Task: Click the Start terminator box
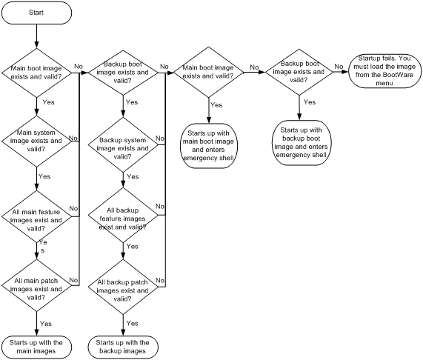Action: coord(36,13)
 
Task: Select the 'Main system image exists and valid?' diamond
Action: coord(36,141)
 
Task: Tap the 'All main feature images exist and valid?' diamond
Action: coord(36,216)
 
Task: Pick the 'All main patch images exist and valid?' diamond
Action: coord(36,285)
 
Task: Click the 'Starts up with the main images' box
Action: coord(36,347)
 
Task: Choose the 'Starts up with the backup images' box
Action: coord(123,347)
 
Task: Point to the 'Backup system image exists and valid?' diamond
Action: coord(123,144)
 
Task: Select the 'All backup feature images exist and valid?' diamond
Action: coord(123,215)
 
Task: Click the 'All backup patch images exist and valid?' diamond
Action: coord(123,287)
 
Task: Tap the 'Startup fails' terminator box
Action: coord(384,71)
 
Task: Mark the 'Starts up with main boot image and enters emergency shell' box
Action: coord(208,146)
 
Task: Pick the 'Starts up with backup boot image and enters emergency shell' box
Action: coord(301,143)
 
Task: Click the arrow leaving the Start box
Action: coord(36,36)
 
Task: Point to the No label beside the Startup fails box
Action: coord(339,67)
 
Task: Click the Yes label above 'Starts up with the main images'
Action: coord(46,324)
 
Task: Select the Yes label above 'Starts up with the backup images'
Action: coord(132,323)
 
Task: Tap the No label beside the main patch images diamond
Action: coord(73,280)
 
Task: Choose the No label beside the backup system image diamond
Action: coord(160,138)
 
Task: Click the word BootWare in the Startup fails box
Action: coord(398,75)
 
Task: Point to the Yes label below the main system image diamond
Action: coord(44,176)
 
